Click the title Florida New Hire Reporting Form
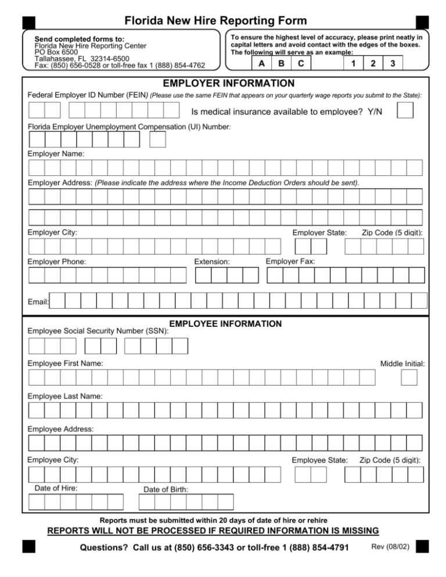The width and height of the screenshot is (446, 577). (223, 21)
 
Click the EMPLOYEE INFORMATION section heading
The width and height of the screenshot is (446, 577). (225, 323)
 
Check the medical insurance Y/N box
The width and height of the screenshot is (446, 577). (405, 110)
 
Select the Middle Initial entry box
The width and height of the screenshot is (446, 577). (409, 378)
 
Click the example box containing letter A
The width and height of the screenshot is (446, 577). (262, 63)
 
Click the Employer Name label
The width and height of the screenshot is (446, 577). (56, 154)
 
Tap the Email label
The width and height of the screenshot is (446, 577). (38, 302)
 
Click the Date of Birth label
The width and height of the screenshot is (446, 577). (166, 490)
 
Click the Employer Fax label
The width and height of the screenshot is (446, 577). (290, 262)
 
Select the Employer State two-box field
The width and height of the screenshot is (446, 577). (311, 247)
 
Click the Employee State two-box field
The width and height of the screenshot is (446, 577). (311, 475)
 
